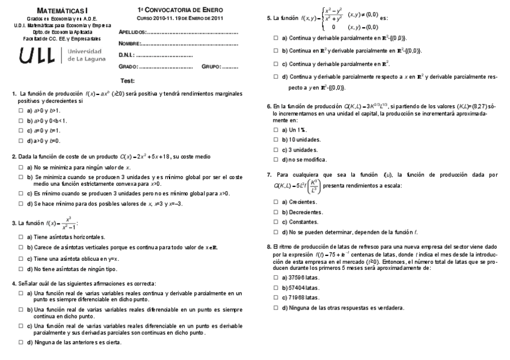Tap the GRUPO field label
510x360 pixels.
coord(210,67)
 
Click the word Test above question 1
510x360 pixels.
coord(127,81)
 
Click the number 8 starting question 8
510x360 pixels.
coord(268,246)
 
